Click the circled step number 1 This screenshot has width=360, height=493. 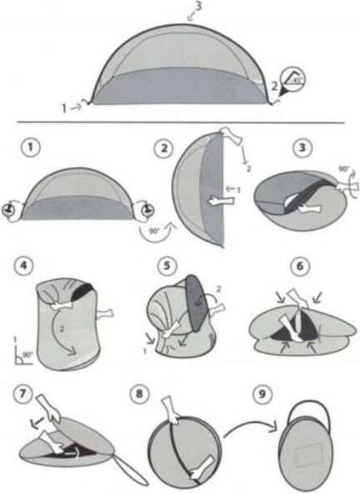click(x=31, y=147)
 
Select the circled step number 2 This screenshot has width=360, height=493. click(x=164, y=148)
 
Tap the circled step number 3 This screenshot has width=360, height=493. click(x=302, y=147)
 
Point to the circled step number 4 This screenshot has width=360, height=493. click(x=23, y=266)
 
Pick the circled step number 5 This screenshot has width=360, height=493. click(x=167, y=266)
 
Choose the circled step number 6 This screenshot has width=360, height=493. click(x=300, y=266)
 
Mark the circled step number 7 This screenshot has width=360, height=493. click(x=22, y=394)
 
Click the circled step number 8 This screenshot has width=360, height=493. click(x=139, y=394)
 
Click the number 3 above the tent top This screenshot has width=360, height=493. click(x=197, y=7)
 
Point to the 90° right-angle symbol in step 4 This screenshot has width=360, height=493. click(x=23, y=357)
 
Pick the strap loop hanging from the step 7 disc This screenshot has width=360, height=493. click(x=132, y=471)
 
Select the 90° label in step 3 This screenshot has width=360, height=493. click(x=343, y=169)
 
